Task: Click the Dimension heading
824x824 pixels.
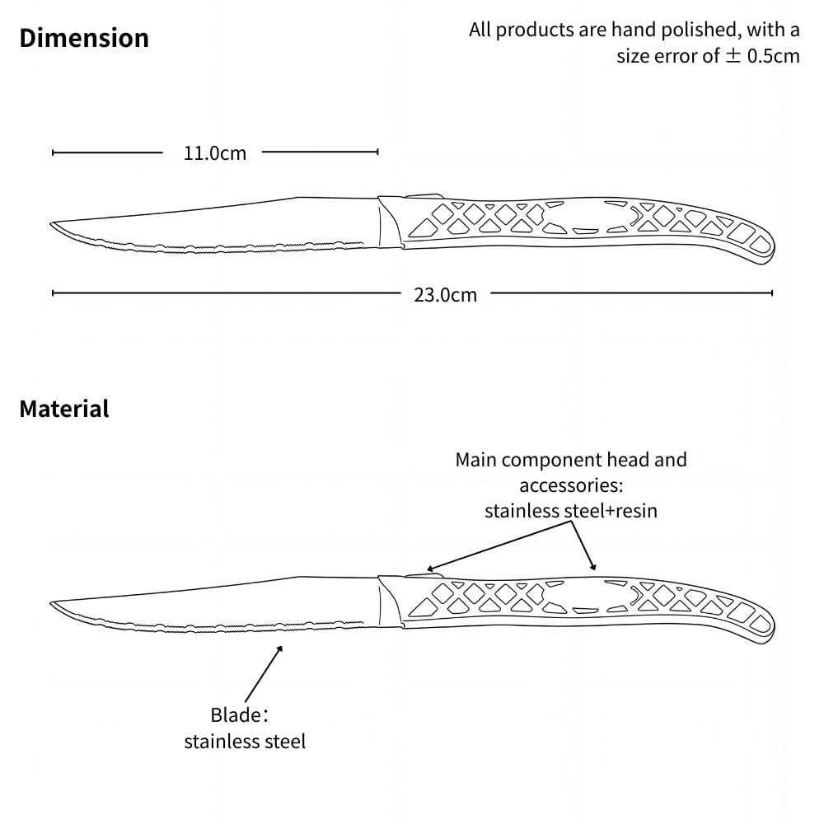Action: [x=84, y=38]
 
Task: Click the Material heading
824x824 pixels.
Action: [x=64, y=409]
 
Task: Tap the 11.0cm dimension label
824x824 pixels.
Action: [x=214, y=153]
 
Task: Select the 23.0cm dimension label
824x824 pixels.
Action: [x=445, y=295]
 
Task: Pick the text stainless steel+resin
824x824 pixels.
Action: [x=571, y=511]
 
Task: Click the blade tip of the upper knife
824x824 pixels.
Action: [x=53, y=224]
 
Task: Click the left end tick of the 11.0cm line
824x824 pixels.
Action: [x=53, y=152]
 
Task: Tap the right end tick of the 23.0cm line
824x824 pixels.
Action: [x=772, y=292]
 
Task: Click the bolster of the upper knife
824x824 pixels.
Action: [x=389, y=222]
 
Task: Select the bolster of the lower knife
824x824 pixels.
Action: [x=389, y=602]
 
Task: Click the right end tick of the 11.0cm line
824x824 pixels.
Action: [x=377, y=152]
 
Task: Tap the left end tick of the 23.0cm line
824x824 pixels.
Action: [x=53, y=292]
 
